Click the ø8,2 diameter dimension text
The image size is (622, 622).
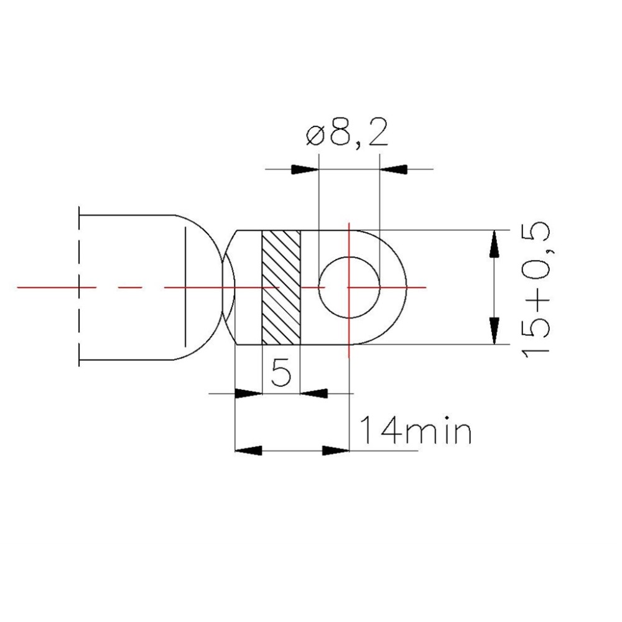point(346,135)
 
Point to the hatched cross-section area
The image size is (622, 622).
point(281,287)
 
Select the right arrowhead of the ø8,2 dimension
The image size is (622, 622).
point(393,169)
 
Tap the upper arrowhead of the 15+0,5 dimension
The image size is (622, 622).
point(494,243)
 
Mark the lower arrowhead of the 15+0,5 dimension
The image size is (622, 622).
point(494,331)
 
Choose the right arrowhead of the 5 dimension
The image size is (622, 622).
point(315,393)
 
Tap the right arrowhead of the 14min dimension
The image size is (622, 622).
point(335,450)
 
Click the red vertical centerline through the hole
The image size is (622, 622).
point(350,330)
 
